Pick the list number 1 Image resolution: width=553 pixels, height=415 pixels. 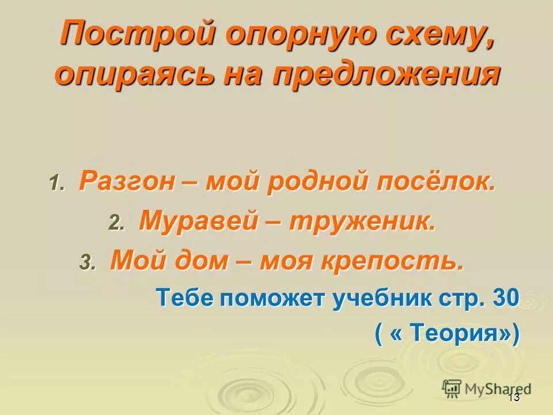(56, 184)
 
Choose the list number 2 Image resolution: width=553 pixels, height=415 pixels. (116, 223)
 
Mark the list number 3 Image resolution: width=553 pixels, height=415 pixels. (87, 262)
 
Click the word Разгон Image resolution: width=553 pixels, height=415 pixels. (127, 182)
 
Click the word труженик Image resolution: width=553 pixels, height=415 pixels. (362, 221)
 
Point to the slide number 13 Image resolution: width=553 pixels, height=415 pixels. (514, 398)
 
